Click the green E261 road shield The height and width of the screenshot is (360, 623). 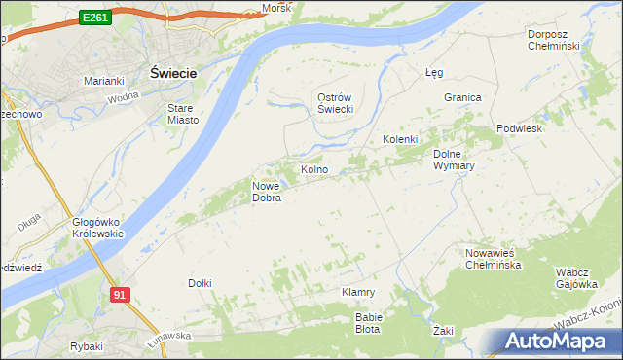pos(94,18)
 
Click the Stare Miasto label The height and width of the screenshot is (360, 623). pos(183,114)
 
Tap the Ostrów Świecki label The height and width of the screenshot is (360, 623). pos(334,103)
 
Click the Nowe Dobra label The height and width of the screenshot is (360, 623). pos(267,192)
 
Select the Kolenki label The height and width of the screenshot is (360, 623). pos(399,139)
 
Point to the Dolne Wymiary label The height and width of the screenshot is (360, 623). pos(453,159)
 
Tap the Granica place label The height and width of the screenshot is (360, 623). pos(463,97)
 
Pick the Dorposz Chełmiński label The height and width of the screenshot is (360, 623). pos(553,40)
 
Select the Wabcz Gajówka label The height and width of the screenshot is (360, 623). pos(575,277)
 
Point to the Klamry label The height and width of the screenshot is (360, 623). pos(358,292)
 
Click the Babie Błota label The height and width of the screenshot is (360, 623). pos(369,323)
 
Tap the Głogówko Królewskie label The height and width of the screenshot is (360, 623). pos(97,228)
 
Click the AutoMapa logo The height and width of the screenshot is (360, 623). pos(560,341)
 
